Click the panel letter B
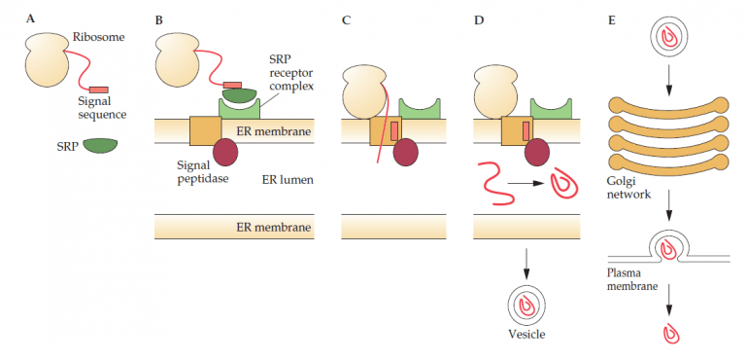click(158, 17)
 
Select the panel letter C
click(347, 17)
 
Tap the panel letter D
click(478, 17)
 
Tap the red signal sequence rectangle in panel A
click(99, 90)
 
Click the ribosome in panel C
click(364, 93)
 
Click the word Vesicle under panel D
click(526, 334)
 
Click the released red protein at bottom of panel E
click(669, 334)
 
